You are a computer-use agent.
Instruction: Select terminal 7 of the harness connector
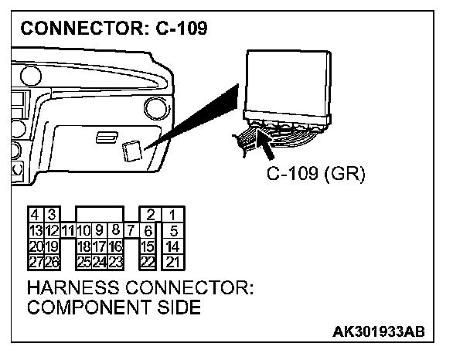(130, 229)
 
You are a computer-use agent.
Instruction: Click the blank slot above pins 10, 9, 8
(99, 213)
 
